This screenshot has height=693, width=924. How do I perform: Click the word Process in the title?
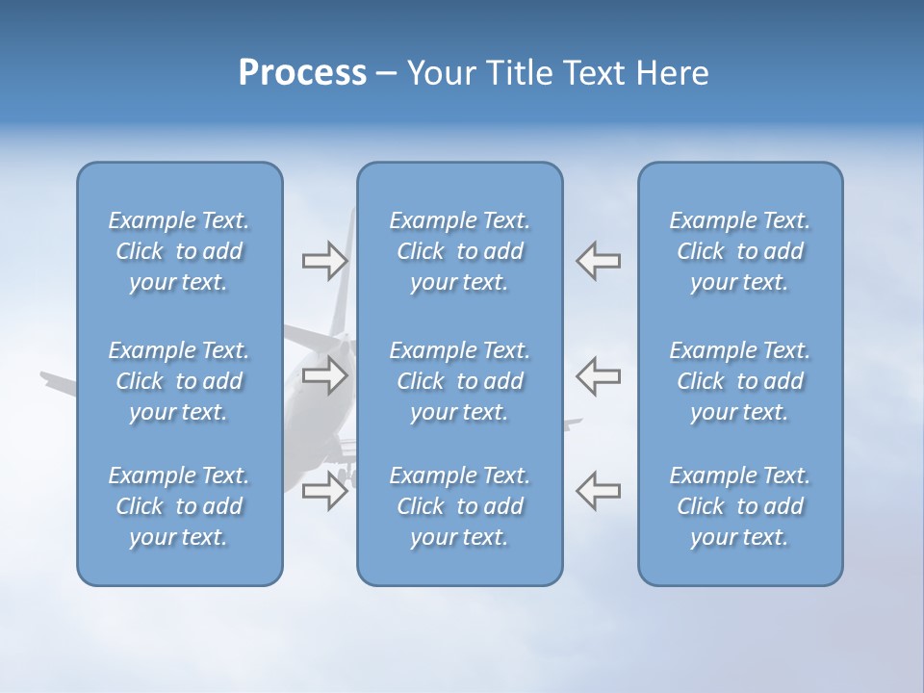pyautogui.click(x=302, y=73)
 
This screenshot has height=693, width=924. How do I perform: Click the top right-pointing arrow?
pyautogui.click(x=325, y=261)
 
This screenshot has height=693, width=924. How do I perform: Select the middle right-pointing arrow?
pyautogui.click(x=325, y=375)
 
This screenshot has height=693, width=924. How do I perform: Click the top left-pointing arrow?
pyautogui.click(x=598, y=261)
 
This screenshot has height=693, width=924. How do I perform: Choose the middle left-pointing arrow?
pyautogui.click(x=598, y=375)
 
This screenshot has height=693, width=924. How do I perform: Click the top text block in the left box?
pyautogui.click(x=179, y=251)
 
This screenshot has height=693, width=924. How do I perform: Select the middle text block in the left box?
pyautogui.click(x=179, y=381)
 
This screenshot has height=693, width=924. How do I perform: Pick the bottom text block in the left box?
pyautogui.click(x=179, y=506)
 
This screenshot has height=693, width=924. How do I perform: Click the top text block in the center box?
pyautogui.click(x=459, y=251)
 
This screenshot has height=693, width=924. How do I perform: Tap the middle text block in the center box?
pyautogui.click(x=459, y=381)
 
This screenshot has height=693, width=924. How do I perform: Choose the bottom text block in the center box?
pyautogui.click(x=459, y=506)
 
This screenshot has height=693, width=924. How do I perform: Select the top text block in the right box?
pyautogui.click(x=739, y=251)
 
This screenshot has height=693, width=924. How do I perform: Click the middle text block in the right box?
pyautogui.click(x=739, y=381)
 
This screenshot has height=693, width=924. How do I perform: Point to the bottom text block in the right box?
pyautogui.click(x=739, y=506)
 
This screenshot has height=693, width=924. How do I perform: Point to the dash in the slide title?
pyautogui.click(x=387, y=74)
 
